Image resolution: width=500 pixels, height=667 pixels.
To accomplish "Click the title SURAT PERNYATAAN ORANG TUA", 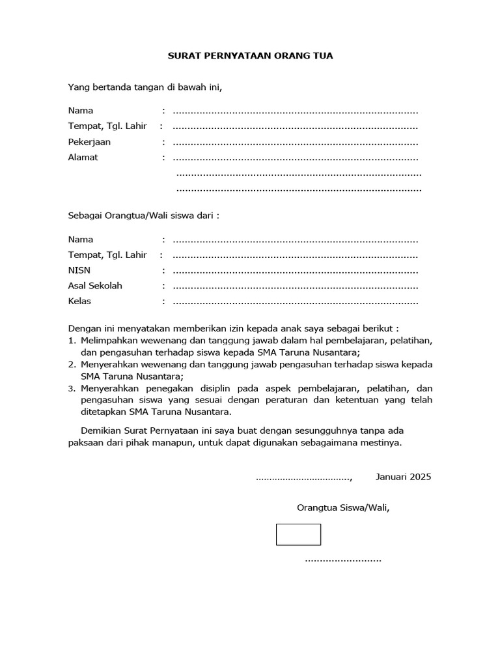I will pos(250,56).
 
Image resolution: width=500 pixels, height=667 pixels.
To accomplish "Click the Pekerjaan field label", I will pos(89,142).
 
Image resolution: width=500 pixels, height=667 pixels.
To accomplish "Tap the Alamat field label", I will pos(83,158).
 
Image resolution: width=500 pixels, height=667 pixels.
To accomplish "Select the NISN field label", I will pos(80,270).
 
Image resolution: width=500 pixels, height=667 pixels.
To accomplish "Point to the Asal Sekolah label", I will pos(95,286).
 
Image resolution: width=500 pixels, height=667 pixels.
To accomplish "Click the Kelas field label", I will pos(79,302).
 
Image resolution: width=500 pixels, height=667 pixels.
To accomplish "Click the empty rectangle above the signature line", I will pos(298,534).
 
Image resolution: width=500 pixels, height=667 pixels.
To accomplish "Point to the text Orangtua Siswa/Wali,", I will pos(343,507).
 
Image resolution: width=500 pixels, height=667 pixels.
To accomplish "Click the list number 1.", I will pos(72,341).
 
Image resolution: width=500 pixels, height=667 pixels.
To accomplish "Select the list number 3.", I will pos(72,388).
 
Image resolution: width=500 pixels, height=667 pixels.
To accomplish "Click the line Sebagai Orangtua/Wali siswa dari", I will pos(144,215).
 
